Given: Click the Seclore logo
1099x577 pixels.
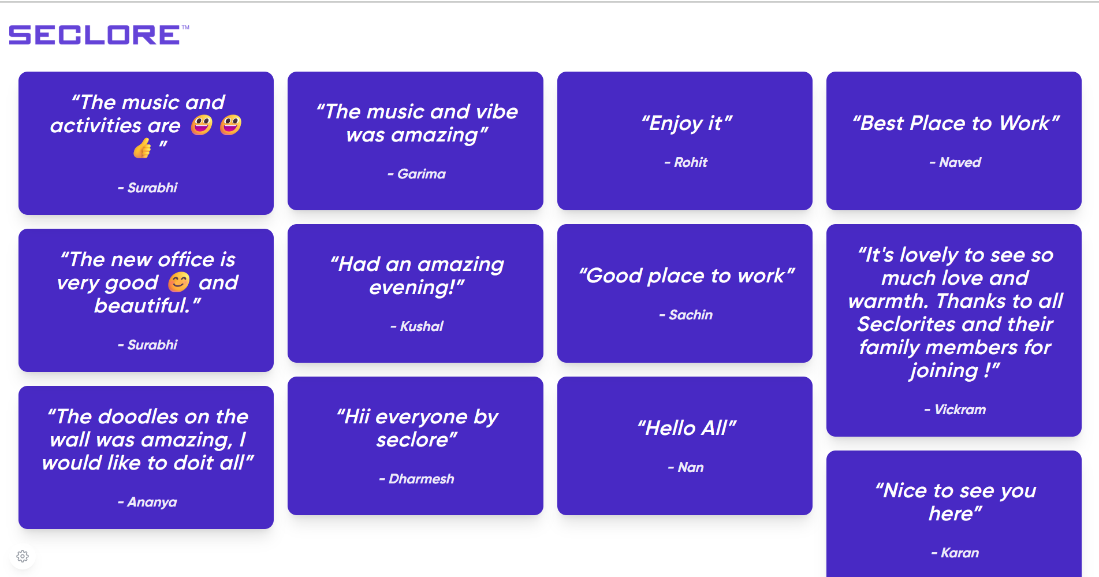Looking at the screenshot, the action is click(99, 35).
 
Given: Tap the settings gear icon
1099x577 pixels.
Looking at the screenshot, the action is click(23, 556).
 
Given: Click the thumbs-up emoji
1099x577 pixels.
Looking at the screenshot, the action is click(142, 148).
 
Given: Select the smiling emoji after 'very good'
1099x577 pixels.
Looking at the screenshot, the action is click(178, 282).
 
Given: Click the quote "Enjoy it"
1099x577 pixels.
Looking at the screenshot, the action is click(686, 123).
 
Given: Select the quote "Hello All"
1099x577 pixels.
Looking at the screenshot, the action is click(687, 428).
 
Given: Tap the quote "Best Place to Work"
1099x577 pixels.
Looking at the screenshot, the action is click(956, 123).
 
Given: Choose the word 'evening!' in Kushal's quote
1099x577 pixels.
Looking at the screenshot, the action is click(416, 287).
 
